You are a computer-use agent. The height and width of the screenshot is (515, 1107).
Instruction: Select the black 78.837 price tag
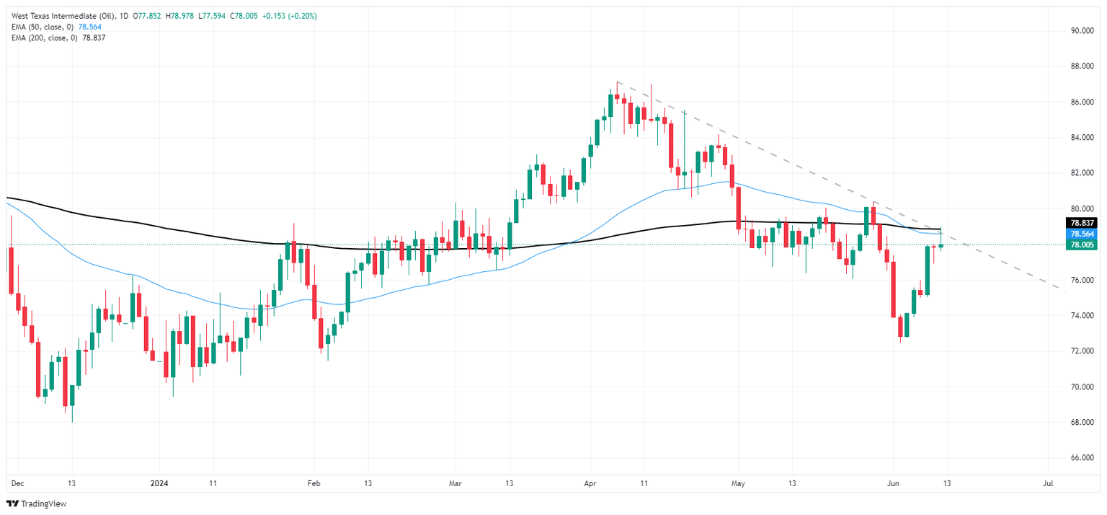coord(1083,223)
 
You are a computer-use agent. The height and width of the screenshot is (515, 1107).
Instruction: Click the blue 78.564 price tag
coord(1083,234)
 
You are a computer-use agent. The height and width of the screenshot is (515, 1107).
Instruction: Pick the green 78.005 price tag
coord(1083,245)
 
